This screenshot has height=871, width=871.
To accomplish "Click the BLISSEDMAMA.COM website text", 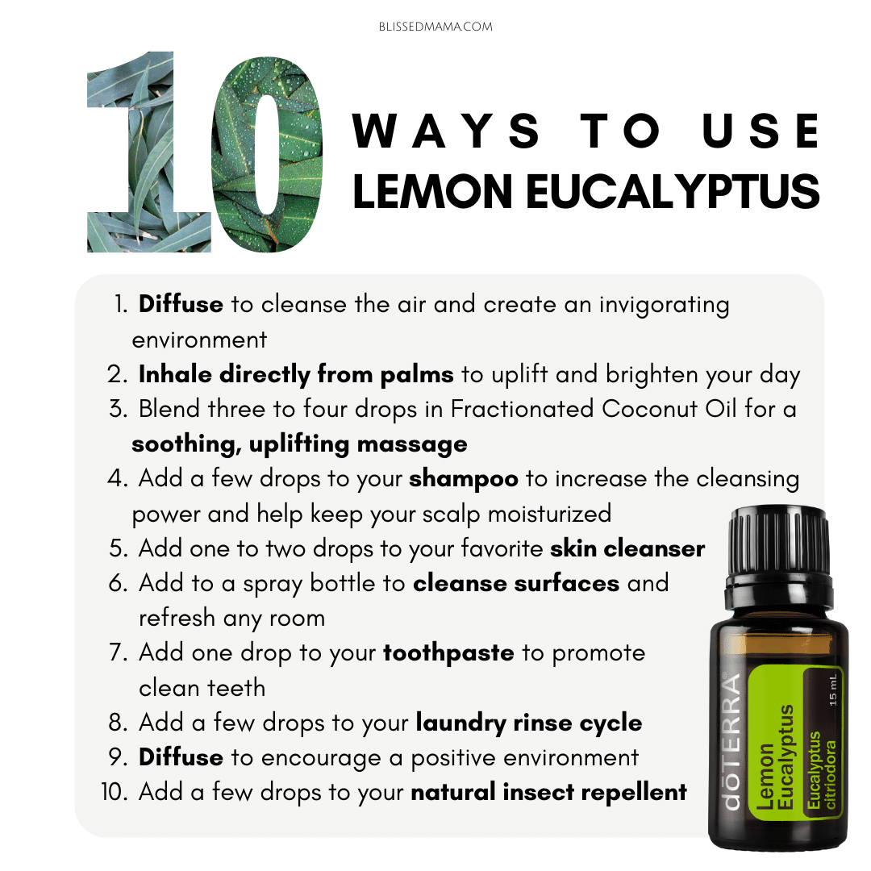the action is (x=435, y=27).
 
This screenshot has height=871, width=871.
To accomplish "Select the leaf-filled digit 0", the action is (x=267, y=154).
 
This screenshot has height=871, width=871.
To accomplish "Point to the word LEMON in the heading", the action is (x=431, y=191).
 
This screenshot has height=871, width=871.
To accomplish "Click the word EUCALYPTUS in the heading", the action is (x=673, y=191).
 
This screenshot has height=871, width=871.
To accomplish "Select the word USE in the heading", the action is (x=761, y=131).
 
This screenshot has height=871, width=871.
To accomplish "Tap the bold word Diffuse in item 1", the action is (x=181, y=304).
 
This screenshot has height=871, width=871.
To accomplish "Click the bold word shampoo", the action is (x=463, y=479).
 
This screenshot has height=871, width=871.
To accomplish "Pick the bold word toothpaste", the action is (x=448, y=653).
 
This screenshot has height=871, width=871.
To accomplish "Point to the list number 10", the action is (x=115, y=792).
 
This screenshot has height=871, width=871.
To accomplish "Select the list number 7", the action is (x=119, y=652).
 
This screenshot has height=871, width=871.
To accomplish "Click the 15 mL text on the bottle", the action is (x=832, y=690).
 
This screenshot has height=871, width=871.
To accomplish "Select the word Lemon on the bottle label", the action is (x=765, y=777).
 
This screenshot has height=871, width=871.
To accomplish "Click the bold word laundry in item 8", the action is (x=461, y=723).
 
